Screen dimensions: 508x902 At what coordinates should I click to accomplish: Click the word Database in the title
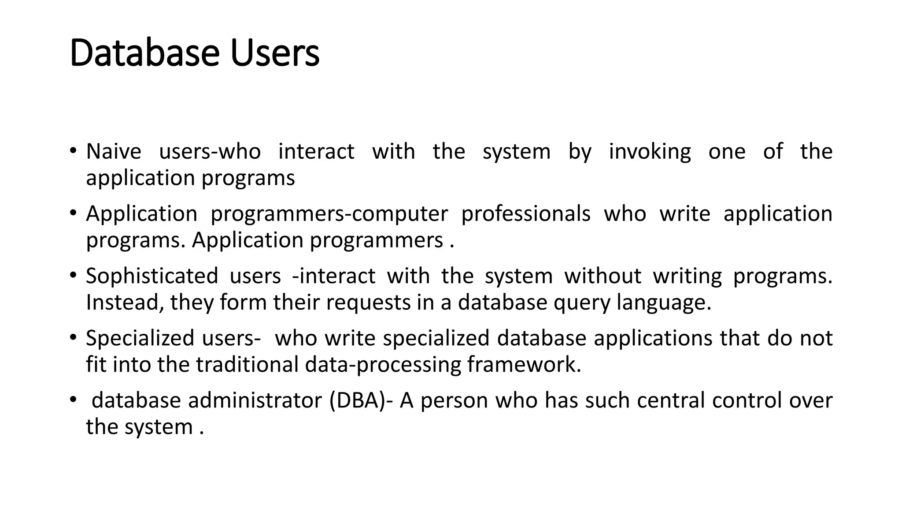coord(144,53)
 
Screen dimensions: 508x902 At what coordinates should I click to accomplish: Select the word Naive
coord(114,152)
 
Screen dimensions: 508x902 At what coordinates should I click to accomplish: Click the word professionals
coord(525,214)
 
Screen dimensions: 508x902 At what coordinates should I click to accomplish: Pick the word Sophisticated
coord(152,276)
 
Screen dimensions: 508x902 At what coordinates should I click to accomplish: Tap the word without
coord(603,276)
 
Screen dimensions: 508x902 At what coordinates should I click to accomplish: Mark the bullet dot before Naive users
coord(73,151)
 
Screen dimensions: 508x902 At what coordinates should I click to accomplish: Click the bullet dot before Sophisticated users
coord(73,276)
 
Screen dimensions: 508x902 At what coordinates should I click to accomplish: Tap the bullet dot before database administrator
coord(73,400)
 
